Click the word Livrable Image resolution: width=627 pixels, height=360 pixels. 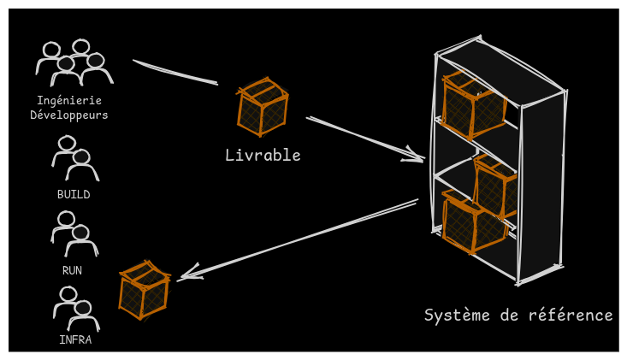[263, 155]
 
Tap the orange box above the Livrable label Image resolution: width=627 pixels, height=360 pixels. [262, 108]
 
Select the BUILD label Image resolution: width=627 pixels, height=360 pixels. [74, 194]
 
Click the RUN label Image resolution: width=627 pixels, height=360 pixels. [73, 270]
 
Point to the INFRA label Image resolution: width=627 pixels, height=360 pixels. [75, 339]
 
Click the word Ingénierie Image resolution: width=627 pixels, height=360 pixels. [69, 100]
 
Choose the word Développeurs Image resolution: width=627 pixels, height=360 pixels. [69, 115]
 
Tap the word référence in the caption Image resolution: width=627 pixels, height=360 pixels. [571, 315]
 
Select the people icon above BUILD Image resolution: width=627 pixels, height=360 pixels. [74, 158]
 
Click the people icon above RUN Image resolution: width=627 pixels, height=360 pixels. [74, 234]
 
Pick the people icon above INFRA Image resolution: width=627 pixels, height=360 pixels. [76, 309]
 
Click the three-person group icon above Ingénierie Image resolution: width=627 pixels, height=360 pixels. [73, 62]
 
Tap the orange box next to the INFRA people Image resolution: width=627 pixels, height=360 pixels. [143, 290]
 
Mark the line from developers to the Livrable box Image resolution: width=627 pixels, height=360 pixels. [174, 73]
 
